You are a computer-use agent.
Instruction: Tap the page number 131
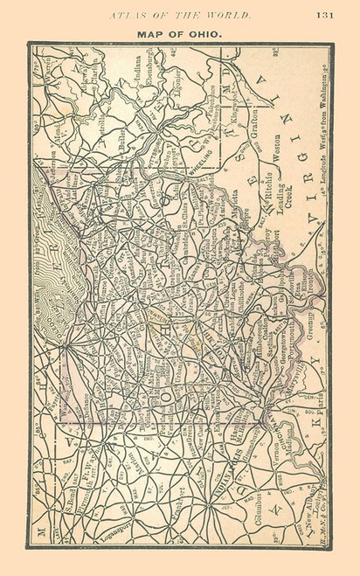point(325,13)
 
